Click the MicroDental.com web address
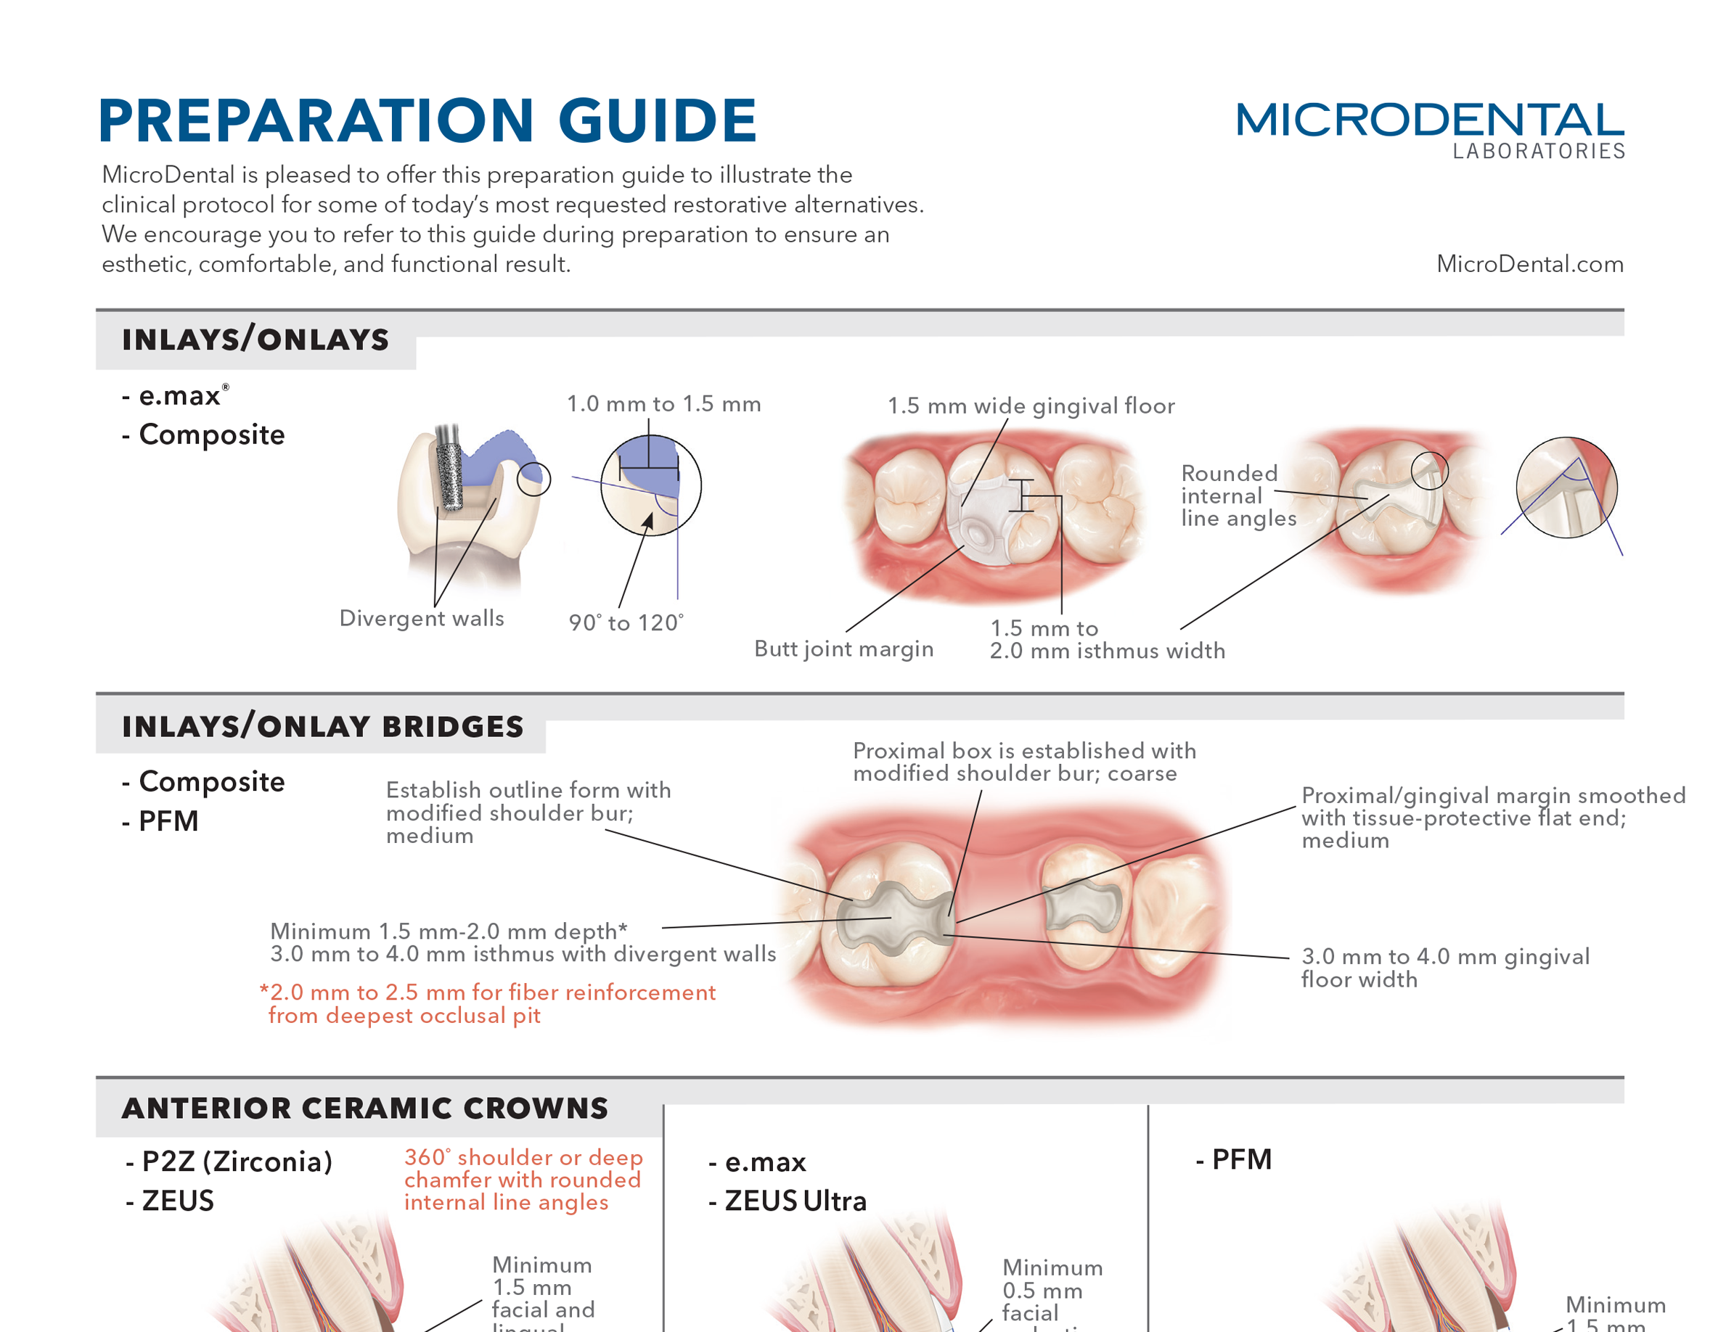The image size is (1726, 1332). [1529, 264]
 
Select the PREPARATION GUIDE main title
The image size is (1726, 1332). [428, 121]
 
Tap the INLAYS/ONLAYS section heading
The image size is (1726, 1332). [255, 340]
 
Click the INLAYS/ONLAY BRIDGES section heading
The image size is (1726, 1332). [322, 726]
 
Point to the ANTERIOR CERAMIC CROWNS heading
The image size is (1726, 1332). [365, 1108]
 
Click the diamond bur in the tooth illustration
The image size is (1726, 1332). [449, 470]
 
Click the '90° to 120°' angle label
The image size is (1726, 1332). [626, 622]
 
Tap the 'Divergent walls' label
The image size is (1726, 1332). [421, 618]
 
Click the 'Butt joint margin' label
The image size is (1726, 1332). [843, 649]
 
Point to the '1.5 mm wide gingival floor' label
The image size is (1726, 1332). [1031, 406]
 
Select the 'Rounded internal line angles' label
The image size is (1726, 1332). [1238, 496]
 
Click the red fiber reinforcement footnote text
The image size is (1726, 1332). [488, 1003]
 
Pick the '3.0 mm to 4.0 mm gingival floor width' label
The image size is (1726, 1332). [1444, 968]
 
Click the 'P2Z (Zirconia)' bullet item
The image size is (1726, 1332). [230, 1162]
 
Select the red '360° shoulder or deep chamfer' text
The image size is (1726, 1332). [523, 1180]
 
